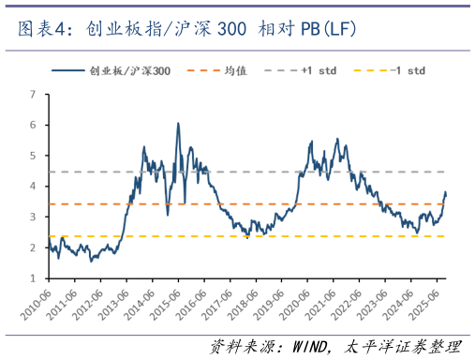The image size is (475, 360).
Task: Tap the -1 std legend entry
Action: point(405,71)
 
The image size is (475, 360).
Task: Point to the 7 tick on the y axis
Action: point(34,94)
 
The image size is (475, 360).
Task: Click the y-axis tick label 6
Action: point(34,125)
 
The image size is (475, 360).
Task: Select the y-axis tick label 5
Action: point(34,156)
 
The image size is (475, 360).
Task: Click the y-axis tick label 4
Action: point(34,187)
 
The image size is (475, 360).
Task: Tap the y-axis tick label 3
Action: point(34,217)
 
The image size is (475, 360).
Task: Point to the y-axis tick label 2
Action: point(34,247)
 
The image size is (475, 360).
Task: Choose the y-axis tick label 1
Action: point(34,278)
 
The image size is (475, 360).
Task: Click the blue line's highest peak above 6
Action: point(178,123)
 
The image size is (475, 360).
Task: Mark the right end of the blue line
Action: point(446,194)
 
